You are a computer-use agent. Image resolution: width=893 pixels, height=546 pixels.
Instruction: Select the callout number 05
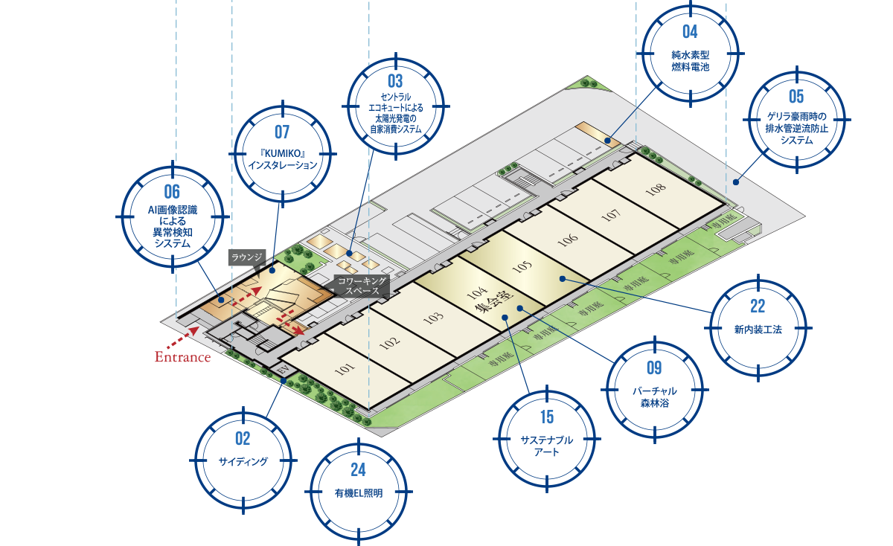tap(796, 96)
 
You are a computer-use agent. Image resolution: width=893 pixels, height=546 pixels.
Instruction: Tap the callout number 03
tap(395, 80)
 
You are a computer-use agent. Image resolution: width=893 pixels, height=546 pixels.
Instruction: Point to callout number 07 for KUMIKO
tap(282, 132)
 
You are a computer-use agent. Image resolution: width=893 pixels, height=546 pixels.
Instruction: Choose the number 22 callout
tap(758, 306)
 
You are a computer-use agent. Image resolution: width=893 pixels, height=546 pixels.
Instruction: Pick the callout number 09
tap(654, 367)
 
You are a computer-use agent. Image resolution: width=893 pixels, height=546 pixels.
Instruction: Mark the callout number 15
tap(547, 417)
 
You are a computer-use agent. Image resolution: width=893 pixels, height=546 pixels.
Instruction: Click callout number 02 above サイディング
tap(243, 438)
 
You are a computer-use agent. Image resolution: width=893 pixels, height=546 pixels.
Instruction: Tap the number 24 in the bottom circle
tap(359, 469)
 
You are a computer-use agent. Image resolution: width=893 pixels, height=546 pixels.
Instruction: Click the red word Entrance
tap(182, 358)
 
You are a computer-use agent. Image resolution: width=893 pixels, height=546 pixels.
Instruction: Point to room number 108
tap(656, 189)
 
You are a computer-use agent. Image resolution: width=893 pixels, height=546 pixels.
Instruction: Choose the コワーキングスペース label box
tap(362, 286)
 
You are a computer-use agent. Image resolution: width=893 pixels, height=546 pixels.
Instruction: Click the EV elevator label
tap(283, 370)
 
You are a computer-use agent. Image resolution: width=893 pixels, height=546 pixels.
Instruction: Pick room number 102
tap(389, 343)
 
